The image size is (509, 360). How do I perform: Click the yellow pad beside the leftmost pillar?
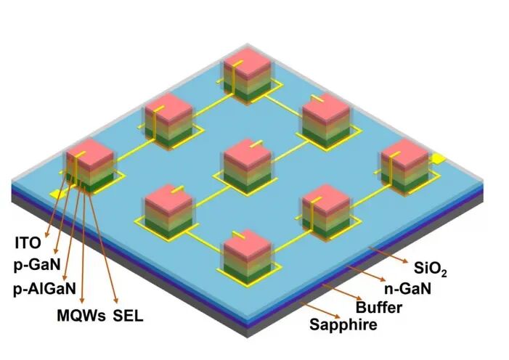(x=56, y=194)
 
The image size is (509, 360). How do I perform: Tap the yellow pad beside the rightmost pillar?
(x=438, y=157)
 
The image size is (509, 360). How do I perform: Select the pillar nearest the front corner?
(x=247, y=254)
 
